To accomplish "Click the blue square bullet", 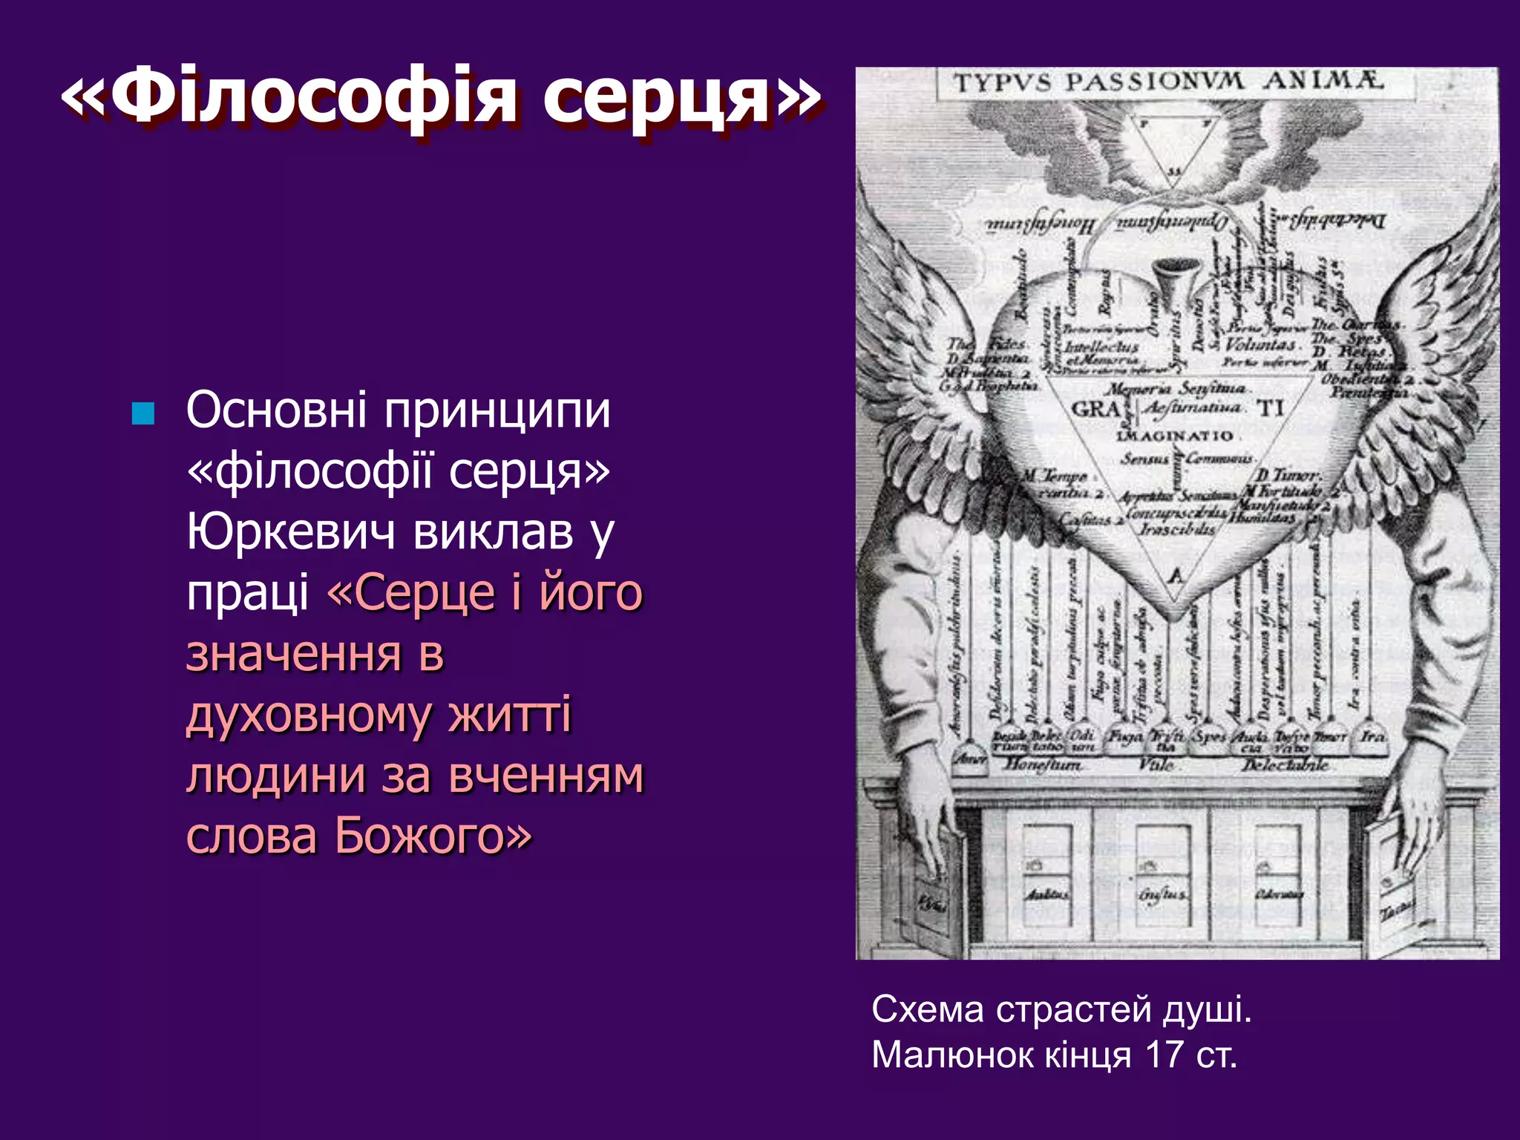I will pos(142,413).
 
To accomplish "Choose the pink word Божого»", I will pos(433,836).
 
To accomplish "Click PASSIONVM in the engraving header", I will pos(1154,82).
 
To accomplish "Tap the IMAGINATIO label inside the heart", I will pos(1174,436).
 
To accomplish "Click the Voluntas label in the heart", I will pos(1260,344).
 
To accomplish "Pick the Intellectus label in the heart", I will pos(1101,346).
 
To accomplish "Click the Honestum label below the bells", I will pos(1043,763).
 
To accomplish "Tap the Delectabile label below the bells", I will pos(1286,764).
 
